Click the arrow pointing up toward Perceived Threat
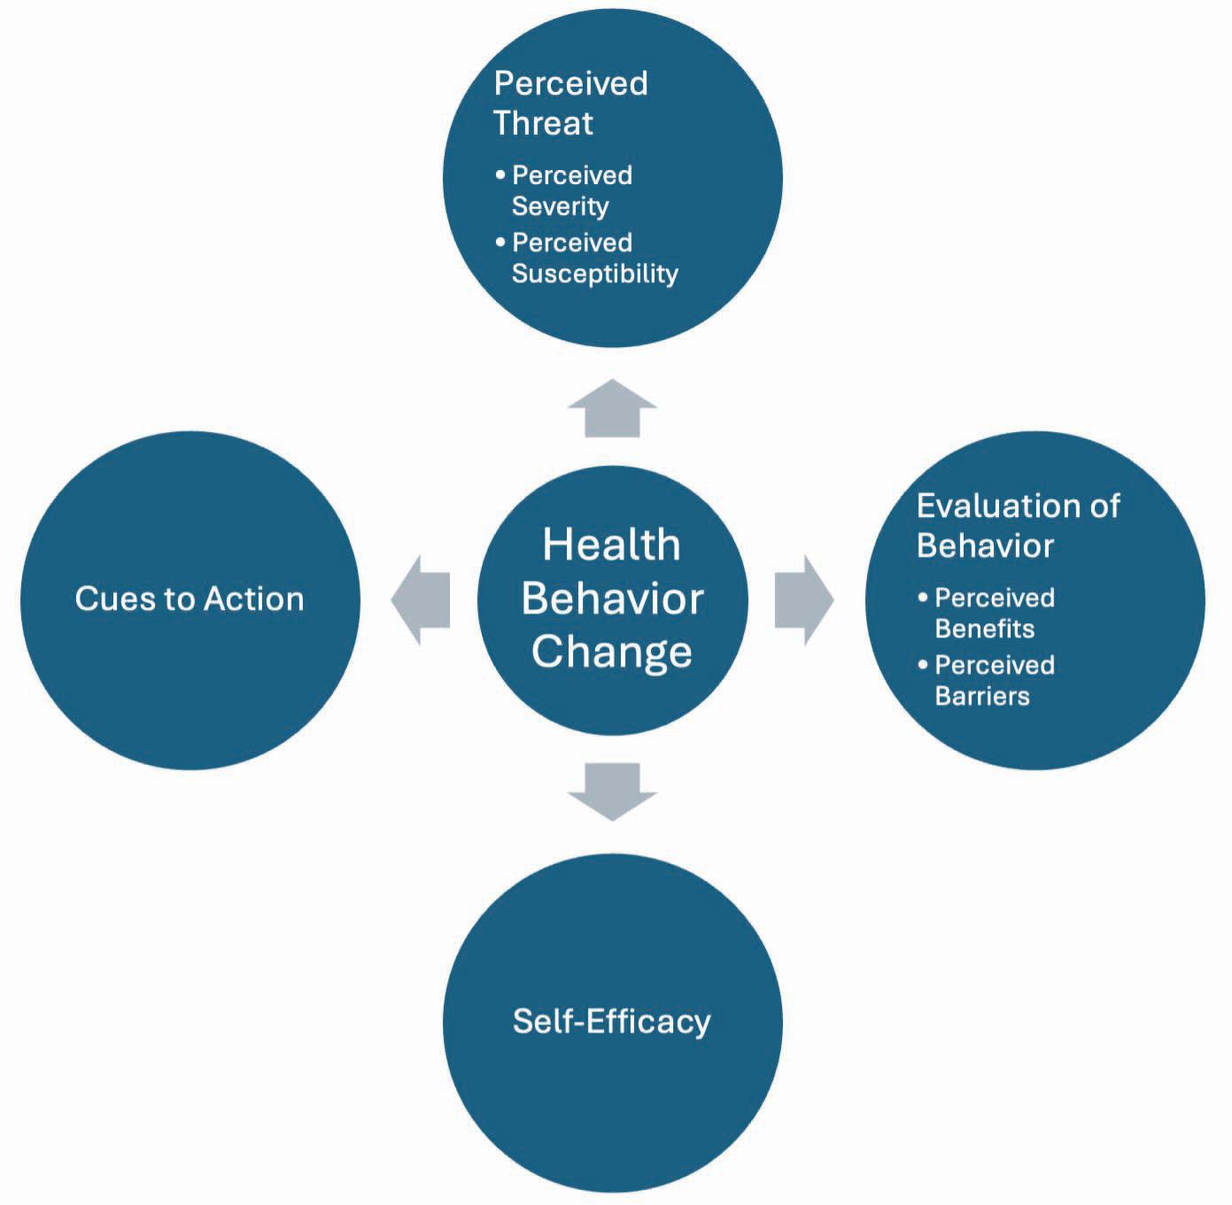[612, 408]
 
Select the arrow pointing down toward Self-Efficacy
[612, 792]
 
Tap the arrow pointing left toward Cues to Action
[421, 600]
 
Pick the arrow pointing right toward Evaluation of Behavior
[805, 600]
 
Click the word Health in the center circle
[611, 545]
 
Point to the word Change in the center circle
[611, 652]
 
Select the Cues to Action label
[190, 599]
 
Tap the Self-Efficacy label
[611, 1022]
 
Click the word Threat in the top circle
[543, 122]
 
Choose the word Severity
[561, 206]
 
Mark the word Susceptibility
[595, 274]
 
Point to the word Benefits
[985, 629]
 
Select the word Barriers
[982, 696]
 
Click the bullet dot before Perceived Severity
[500, 174]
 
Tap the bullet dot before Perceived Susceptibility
[500, 241]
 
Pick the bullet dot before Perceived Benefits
[922, 597]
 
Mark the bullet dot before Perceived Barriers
[922, 664]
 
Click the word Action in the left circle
[254, 599]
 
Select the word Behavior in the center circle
[612, 598]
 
